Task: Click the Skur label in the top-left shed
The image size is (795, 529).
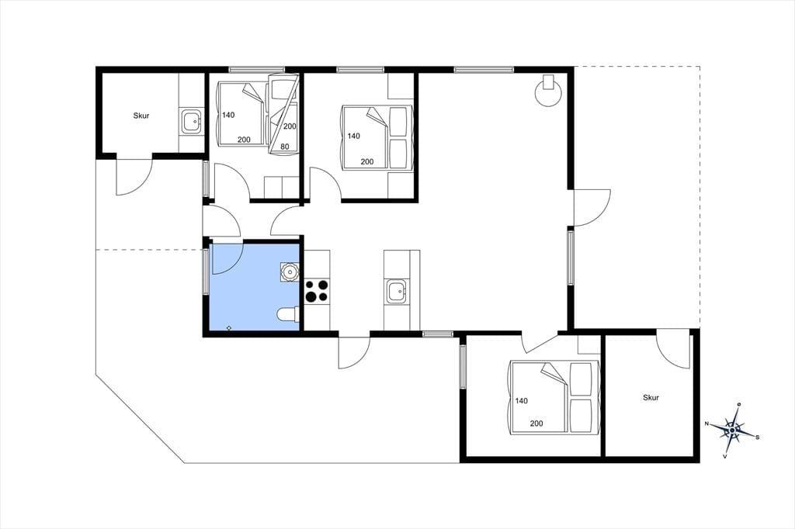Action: point(141,116)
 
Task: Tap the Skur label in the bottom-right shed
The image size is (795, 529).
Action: point(651,398)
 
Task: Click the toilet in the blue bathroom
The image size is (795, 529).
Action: point(288,315)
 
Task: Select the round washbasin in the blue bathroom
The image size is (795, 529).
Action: point(290,272)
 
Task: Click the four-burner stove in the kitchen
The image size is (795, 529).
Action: point(317,291)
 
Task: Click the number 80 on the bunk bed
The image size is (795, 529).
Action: point(285,147)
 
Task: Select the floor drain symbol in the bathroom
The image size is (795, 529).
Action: point(229,328)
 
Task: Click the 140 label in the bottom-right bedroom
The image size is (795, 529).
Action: point(521,401)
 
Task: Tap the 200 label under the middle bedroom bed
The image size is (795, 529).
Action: point(367,161)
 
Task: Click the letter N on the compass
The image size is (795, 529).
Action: point(706,424)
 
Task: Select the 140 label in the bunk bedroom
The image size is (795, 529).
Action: point(228,115)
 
